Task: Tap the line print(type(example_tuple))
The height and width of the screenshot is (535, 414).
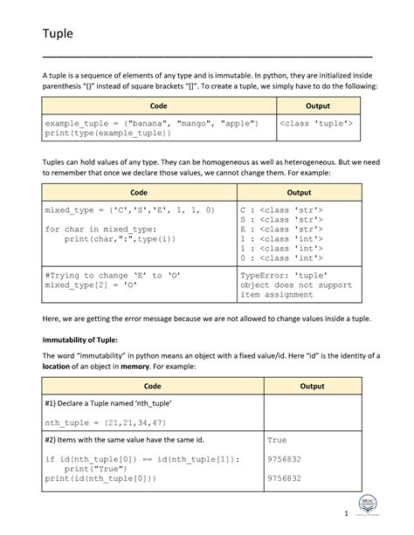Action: click(108, 134)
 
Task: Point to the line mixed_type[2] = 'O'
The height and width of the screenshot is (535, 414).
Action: click(91, 285)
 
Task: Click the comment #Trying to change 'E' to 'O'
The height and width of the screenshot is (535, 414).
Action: click(104, 274)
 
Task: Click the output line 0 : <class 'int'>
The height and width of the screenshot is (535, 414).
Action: click(282, 258)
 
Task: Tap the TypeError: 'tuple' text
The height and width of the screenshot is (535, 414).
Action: click(280, 274)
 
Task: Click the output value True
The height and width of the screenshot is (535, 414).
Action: click(277, 441)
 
